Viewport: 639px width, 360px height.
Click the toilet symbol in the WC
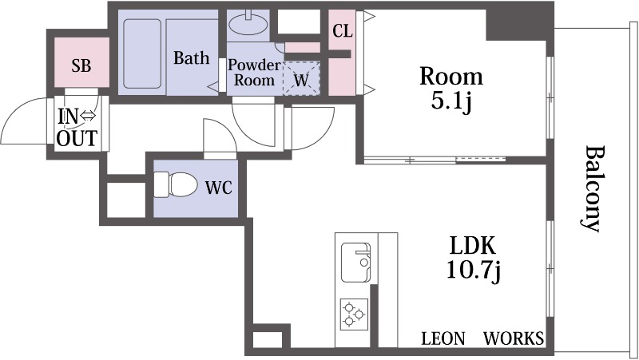(x=175, y=185)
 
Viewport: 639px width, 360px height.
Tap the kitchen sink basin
(x=355, y=263)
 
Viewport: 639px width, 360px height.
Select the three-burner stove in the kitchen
(x=354, y=314)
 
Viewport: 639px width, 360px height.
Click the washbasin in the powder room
(x=248, y=24)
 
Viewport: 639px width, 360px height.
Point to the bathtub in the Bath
(x=142, y=53)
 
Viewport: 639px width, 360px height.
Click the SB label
(x=81, y=65)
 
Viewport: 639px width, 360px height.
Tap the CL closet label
(x=343, y=31)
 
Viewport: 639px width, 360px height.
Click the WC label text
(x=218, y=188)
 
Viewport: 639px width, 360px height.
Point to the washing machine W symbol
(x=301, y=80)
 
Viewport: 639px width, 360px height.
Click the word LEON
(x=443, y=338)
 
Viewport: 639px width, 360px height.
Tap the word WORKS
(x=514, y=338)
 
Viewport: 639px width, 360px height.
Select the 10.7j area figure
(x=474, y=270)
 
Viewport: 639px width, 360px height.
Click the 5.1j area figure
(x=451, y=101)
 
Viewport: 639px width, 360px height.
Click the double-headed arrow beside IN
(x=88, y=117)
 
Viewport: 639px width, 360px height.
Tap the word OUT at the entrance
(x=77, y=138)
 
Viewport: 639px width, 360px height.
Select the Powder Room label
(x=254, y=72)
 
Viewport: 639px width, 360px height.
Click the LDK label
(x=473, y=246)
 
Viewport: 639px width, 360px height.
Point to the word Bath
(x=192, y=57)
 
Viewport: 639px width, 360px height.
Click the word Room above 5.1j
(x=451, y=76)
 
